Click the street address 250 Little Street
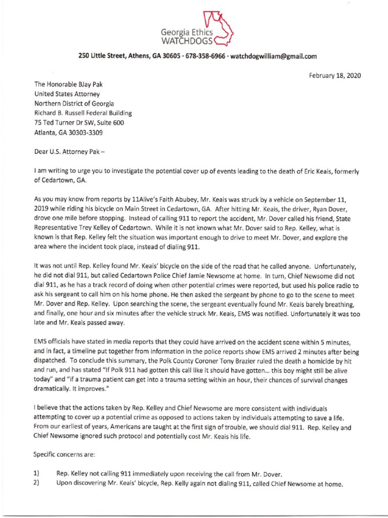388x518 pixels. [x=101, y=56]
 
